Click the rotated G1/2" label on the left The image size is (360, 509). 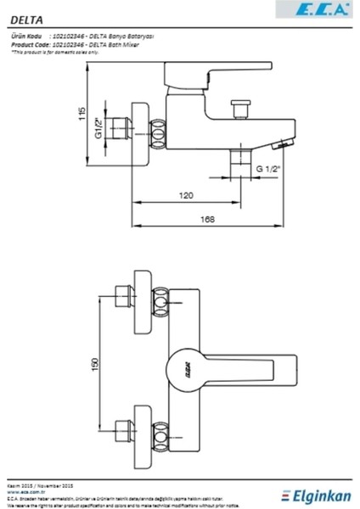tap(98, 131)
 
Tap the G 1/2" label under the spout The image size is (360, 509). tap(268, 170)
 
